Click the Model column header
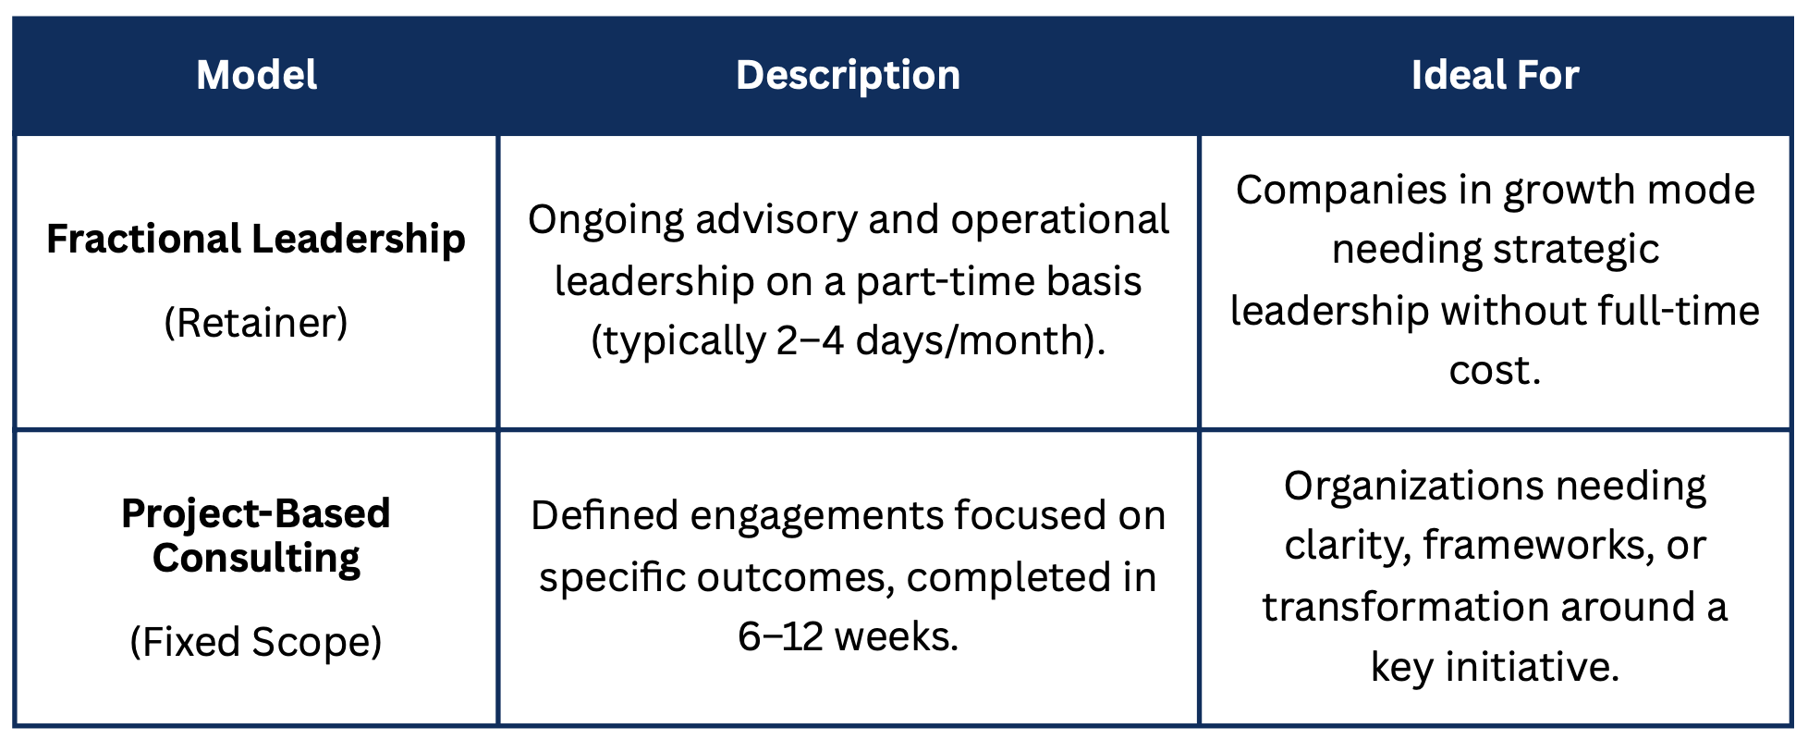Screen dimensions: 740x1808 pos(256,75)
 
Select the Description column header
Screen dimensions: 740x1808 pos(848,75)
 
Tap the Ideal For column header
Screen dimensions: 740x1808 pos(1495,75)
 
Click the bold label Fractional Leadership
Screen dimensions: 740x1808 pos(256,239)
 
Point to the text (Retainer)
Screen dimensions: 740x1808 pos(256,323)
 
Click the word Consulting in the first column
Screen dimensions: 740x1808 pos(256,558)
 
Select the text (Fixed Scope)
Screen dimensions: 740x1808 pos(256,642)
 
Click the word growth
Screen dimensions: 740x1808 pos(1562,191)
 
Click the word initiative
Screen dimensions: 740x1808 pos(1532,667)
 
